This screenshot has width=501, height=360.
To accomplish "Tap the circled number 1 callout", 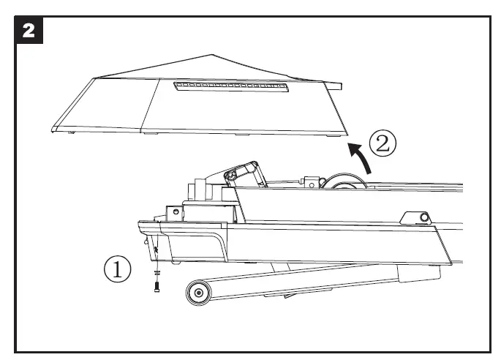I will point(117,269).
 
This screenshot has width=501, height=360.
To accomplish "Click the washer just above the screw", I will point(157,273).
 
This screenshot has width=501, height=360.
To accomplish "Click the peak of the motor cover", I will point(211,55).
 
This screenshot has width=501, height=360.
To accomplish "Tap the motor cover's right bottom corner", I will point(345,133).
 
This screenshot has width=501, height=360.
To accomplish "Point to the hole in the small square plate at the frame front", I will point(176,212).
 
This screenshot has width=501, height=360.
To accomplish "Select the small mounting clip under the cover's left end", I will point(71,132).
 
